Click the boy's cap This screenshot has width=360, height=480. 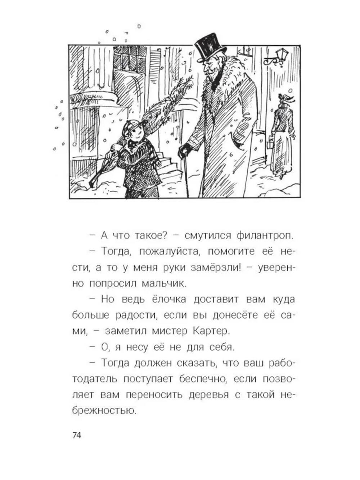131,126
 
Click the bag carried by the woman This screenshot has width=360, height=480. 270,144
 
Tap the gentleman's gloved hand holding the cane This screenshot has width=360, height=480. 185,150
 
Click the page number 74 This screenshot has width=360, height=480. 77,435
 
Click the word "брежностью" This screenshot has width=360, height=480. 104,411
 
